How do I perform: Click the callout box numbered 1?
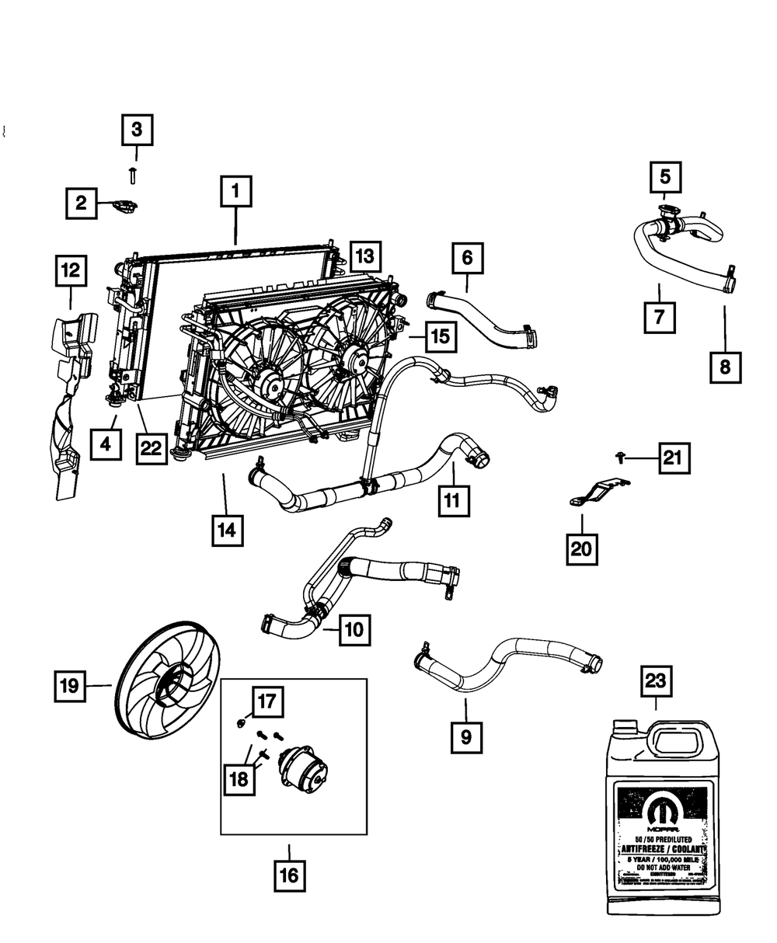click(235, 191)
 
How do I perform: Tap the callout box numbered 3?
click(137, 130)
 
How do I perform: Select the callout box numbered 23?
click(655, 684)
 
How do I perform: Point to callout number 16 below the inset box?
click(287, 876)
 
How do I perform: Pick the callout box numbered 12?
click(71, 270)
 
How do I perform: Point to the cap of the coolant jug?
click(625, 727)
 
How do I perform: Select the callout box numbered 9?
click(465, 734)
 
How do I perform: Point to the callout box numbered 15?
click(441, 336)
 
